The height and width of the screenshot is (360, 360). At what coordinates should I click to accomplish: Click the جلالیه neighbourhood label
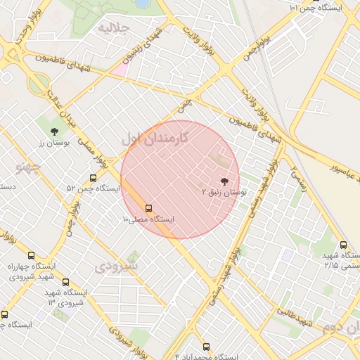[115, 29]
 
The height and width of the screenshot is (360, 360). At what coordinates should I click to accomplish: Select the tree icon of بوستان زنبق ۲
[224, 181]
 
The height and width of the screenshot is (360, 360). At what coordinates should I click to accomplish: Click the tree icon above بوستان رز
[54, 131]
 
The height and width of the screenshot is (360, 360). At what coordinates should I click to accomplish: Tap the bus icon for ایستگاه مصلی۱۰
[148, 208]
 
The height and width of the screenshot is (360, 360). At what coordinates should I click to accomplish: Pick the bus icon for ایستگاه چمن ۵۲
[94, 178]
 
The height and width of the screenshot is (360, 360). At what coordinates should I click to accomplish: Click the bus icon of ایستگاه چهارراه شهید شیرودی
[31, 256]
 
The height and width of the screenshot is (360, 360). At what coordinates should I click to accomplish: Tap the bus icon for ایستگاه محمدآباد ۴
[205, 347]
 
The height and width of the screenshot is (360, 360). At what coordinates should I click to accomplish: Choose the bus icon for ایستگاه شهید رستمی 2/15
[342, 245]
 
